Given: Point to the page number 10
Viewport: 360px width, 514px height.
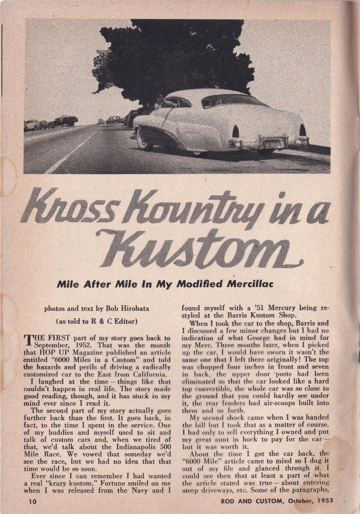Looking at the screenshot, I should point(29,501).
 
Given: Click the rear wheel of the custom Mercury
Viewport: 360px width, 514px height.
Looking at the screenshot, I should point(145,139).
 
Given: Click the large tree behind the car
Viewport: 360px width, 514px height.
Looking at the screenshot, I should point(171,55).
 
